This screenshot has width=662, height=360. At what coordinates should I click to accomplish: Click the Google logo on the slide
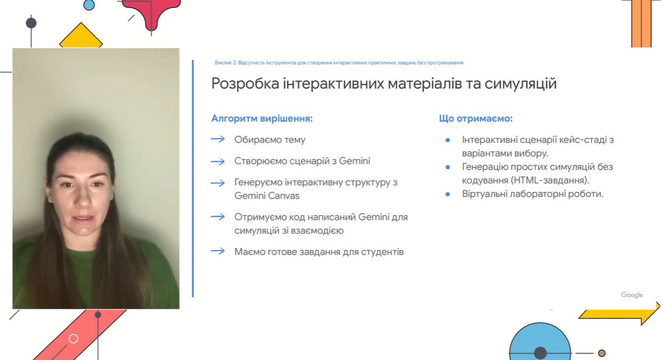[632, 295]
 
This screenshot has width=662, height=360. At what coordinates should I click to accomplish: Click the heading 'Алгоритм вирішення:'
[262, 119]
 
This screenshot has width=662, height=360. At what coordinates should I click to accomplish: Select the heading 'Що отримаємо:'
[476, 119]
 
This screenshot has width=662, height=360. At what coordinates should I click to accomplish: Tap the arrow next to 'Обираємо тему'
[218, 139]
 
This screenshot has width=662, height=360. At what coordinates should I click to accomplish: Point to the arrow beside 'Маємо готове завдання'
[218, 251]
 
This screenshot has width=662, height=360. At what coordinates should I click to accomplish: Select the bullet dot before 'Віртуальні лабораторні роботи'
[448, 194]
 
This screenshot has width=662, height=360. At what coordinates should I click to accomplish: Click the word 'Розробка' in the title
[245, 83]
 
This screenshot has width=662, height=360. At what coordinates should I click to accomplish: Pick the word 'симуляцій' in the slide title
[520, 84]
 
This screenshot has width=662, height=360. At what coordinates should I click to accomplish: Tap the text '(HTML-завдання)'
[550, 180]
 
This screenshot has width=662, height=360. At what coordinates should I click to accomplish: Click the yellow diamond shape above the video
[81, 36]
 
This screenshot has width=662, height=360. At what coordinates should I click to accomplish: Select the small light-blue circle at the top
[89, 5]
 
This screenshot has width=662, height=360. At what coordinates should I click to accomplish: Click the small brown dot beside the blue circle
[602, 353]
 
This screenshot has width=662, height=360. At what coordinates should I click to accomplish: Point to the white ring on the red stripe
[74, 339]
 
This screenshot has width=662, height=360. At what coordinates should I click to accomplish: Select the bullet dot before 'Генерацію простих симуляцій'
[448, 167]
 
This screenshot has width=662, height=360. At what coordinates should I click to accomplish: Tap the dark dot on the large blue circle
[540, 353]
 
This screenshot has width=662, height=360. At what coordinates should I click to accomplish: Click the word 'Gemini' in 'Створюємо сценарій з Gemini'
[354, 161]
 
